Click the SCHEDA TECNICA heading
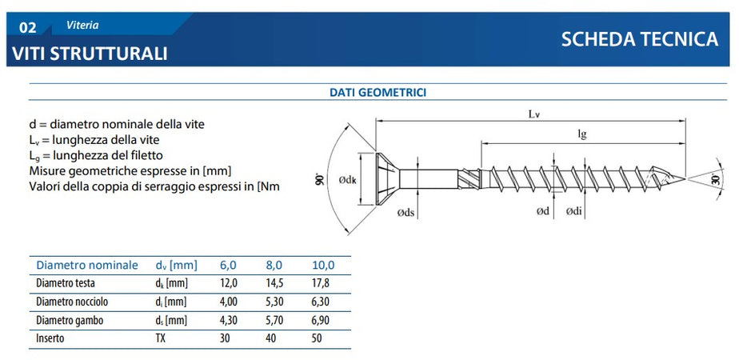[x=640, y=39]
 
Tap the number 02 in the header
[x=28, y=28]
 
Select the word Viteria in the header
[x=82, y=25]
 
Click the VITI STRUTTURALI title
[x=90, y=54]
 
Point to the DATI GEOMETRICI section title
[x=377, y=93]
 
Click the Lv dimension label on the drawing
[x=533, y=114]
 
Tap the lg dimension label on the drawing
[x=583, y=134]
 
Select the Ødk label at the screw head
[x=347, y=181]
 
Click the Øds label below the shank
[x=406, y=212]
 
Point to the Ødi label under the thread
[x=574, y=212]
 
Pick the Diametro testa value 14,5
[x=274, y=283]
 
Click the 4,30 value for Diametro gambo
[x=229, y=320]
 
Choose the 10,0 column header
[x=323, y=265]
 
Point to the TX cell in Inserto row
[x=160, y=338]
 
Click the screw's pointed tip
[x=685, y=178]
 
